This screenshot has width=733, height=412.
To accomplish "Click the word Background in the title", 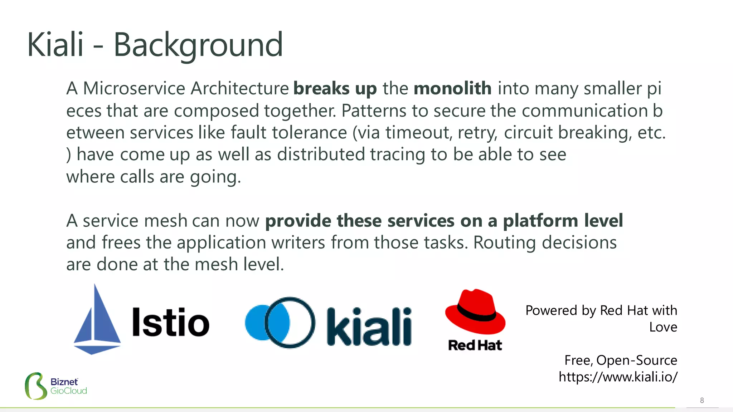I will coord(198,45).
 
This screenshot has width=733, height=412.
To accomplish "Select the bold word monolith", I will coord(452,88).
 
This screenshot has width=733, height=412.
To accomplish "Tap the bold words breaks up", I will coord(335,88).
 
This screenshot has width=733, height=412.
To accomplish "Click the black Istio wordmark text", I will coord(170,322).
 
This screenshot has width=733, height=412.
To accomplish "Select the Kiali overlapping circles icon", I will coord(280,322).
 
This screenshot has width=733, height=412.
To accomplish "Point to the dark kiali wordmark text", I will coord(369,326).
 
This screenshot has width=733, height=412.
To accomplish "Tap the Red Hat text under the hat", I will coord(475,345).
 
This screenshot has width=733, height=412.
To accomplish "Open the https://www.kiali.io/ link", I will coord(618,377).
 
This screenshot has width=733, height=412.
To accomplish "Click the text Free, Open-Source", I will coord(620,360).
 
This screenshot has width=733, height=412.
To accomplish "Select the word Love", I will coord(663,327).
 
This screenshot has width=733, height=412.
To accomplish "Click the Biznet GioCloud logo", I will coord(56,386).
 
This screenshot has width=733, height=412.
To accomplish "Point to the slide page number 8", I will coord(702,400).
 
